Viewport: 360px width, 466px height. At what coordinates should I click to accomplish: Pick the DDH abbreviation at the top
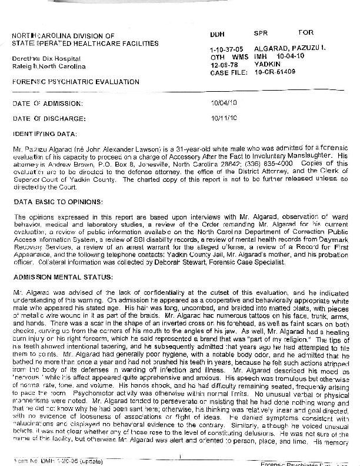217,34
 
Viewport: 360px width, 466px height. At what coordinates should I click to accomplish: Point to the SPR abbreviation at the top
260,33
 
